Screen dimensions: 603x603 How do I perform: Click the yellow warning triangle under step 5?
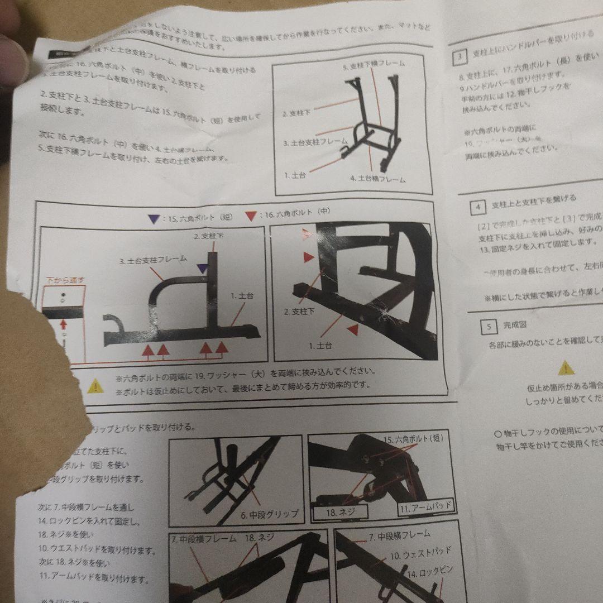coord(566,367)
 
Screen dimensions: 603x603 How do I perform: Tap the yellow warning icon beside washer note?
coord(95,385)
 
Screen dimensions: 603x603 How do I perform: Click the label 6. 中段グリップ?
coord(270,514)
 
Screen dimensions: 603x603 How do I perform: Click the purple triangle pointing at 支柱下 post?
coord(201,269)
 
